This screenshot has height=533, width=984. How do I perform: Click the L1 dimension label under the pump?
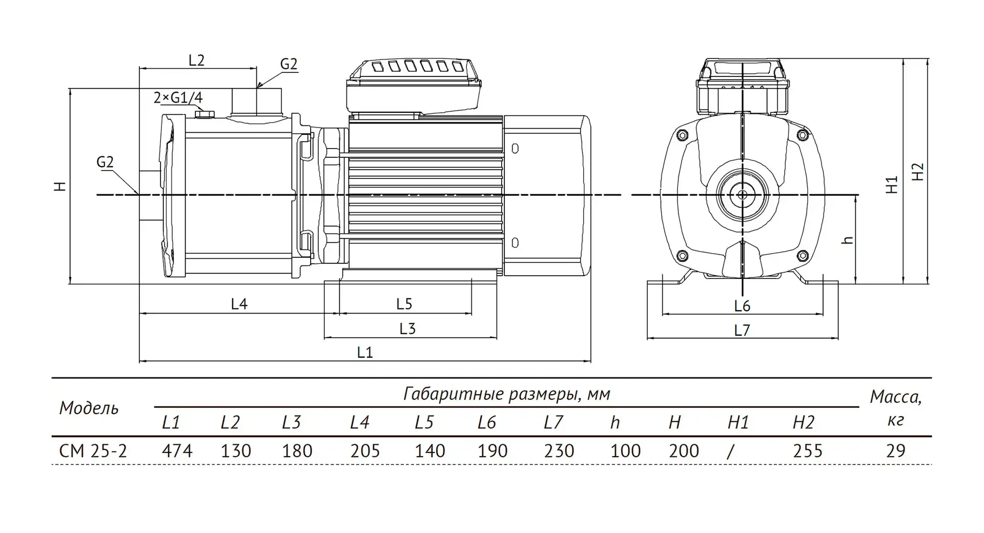pos(364,352)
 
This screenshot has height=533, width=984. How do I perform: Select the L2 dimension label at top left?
pos(196,60)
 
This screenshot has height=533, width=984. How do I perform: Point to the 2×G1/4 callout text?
pos(178,97)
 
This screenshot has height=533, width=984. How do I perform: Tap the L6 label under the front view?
pos(742,306)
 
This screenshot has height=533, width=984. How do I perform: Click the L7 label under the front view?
pos(742,330)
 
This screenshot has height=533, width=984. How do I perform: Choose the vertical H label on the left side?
pos(61,187)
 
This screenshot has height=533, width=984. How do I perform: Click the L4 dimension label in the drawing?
pos(239,304)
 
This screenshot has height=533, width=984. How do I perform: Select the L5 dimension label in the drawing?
pos(404,304)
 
